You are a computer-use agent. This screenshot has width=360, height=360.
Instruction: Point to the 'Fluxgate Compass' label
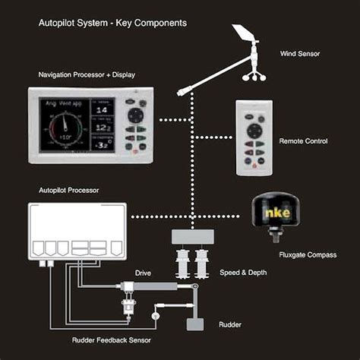307,254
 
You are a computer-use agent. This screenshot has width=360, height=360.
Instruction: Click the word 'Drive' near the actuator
143,272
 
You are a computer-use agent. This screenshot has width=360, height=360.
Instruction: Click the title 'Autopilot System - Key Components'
112,23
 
